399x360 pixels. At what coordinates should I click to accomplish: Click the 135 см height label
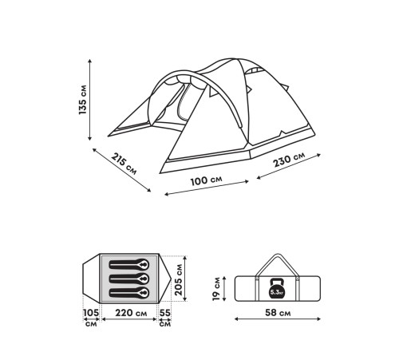click(x=83, y=100)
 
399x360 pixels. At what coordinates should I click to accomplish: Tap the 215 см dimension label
click(x=124, y=164)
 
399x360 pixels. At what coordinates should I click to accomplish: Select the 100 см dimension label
click(x=206, y=180)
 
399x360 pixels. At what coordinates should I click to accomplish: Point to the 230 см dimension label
click(x=289, y=159)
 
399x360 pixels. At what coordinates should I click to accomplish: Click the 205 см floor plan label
click(x=179, y=279)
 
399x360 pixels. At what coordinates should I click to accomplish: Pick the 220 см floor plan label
click(x=131, y=313)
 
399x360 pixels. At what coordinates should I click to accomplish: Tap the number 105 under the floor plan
click(x=91, y=313)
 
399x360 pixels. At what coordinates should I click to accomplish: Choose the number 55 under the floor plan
click(x=165, y=313)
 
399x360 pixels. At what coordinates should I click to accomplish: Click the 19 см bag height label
click(x=216, y=289)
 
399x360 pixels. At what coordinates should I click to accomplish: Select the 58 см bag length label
click(x=278, y=313)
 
